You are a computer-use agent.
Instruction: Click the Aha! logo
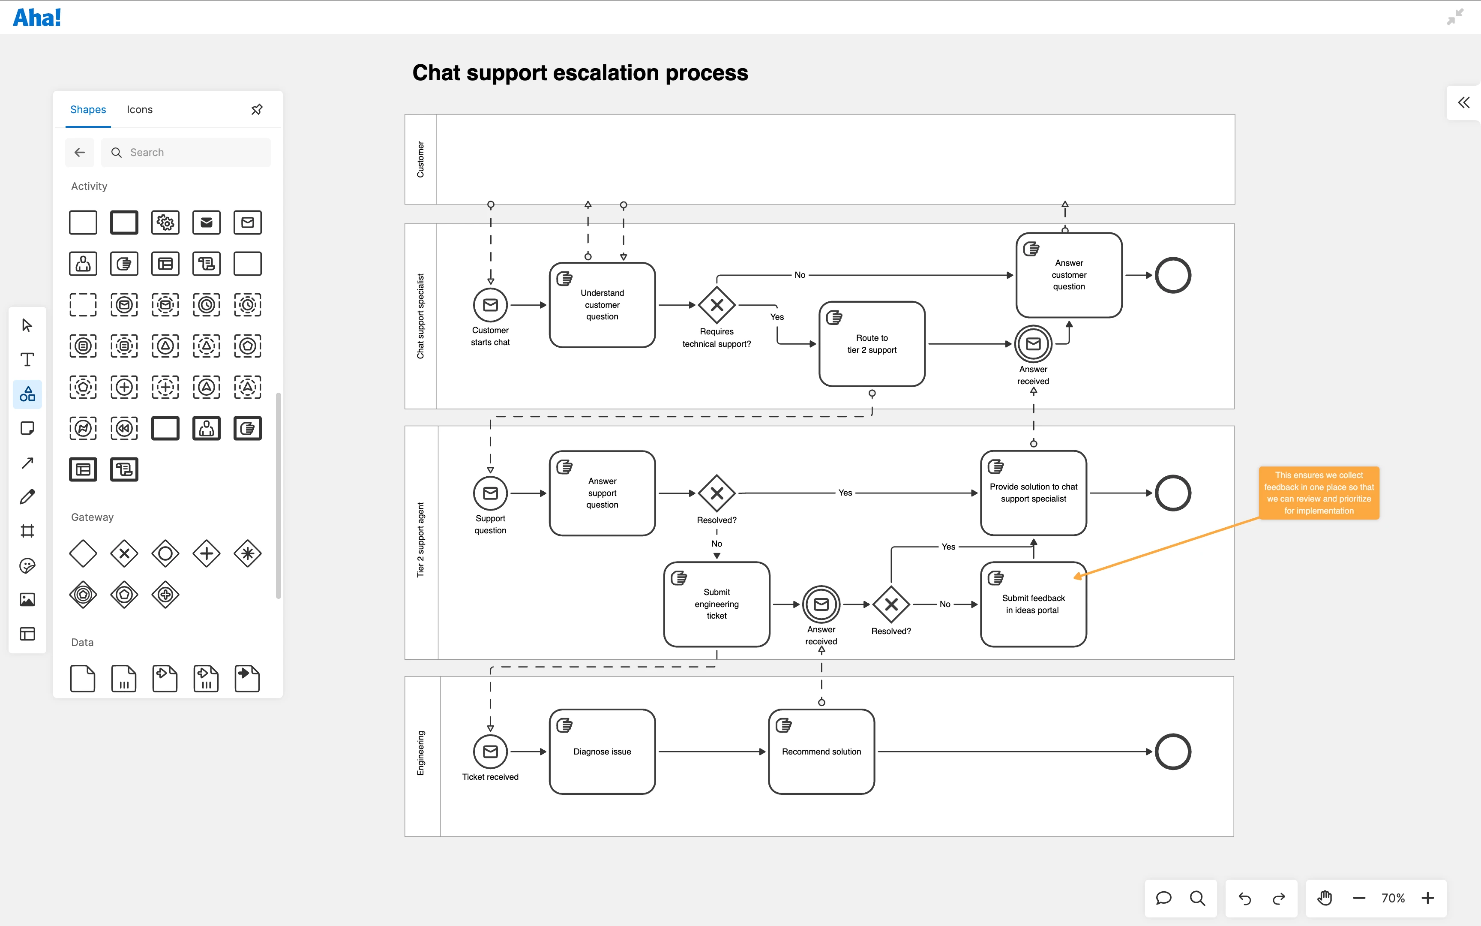pyautogui.click(x=37, y=17)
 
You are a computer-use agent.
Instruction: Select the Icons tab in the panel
pyautogui.click(x=140, y=110)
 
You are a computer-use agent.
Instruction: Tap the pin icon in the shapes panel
pyautogui.click(x=257, y=110)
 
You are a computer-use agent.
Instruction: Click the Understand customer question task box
pyautogui.click(x=602, y=305)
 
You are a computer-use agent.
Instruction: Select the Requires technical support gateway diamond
pyautogui.click(x=717, y=305)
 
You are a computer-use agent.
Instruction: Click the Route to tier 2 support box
pyautogui.click(x=872, y=344)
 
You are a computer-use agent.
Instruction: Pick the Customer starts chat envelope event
pyautogui.click(x=490, y=305)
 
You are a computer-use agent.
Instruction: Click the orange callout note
pyautogui.click(x=1319, y=493)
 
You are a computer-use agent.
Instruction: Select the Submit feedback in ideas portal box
pyautogui.click(x=1033, y=604)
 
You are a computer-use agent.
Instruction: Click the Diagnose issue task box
pyautogui.click(x=602, y=752)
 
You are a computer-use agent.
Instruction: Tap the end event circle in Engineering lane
pyautogui.click(x=1172, y=752)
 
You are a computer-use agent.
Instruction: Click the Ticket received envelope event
pyautogui.click(x=490, y=752)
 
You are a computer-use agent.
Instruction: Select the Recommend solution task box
pyautogui.click(x=821, y=752)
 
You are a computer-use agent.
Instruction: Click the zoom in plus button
pyautogui.click(x=1428, y=898)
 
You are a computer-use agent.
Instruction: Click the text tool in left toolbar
pyautogui.click(x=27, y=360)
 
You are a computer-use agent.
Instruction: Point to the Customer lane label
pyautogui.click(x=420, y=160)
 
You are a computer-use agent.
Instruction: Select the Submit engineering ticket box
pyautogui.click(x=717, y=604)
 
